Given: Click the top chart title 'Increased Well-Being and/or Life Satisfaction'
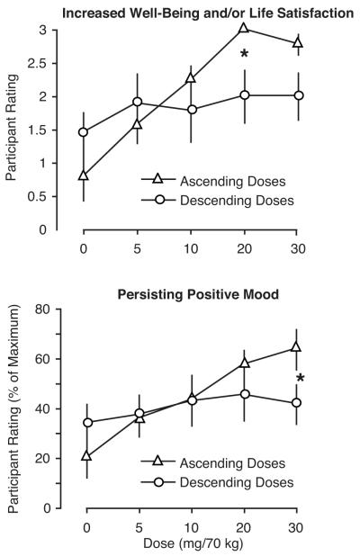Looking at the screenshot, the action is click(x=208, y=13).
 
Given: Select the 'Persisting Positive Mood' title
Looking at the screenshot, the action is click(x=198, y=294).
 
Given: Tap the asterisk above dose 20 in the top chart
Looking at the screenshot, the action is click(x=245, y=54).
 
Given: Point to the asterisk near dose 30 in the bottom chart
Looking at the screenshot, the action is click(x=301, y=378).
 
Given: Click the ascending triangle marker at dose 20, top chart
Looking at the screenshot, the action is click(x=244, y=28).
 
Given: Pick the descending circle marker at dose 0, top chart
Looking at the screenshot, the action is click(x=84, y=132).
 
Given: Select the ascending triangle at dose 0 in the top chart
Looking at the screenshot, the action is click(x=84, y=175).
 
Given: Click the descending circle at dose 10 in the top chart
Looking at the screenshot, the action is click(x=192, y=110).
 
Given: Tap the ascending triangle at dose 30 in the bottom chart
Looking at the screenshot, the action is click(x=296, y=346).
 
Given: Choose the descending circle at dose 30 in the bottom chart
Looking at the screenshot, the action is click(x=296, y=403).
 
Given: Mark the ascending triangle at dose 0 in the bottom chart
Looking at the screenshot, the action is click(x=86, y=455).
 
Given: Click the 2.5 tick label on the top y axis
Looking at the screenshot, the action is click(x=37, y=64).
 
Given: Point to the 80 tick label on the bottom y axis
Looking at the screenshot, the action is click(x=43, y=309).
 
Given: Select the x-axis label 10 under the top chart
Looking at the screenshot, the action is click(x=191, y=248).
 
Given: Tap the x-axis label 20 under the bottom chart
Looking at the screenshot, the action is click(x=244, y=528).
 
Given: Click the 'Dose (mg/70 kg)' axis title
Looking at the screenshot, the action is click(x=193, y=543).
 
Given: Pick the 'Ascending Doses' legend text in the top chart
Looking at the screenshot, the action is click(x=233, y=181).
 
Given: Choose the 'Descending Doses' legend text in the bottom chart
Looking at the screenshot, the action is click(x=237, y=482).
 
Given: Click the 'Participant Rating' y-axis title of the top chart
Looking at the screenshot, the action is click(x=12, y=127).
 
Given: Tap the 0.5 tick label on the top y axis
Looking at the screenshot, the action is click(x=37, y=196).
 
